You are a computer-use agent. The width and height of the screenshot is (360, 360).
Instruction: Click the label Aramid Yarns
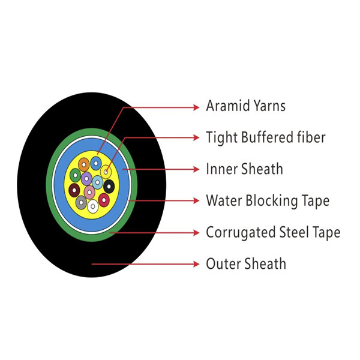(245, 106)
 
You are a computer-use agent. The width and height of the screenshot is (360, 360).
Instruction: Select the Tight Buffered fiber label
(266, 137)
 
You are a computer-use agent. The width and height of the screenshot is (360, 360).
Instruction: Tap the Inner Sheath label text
(244, 169)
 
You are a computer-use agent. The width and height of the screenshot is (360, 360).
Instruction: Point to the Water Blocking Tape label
(268, 200)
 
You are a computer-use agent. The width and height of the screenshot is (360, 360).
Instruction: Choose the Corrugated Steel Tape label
(273, 232)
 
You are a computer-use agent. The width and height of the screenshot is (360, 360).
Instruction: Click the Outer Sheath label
(246, 264)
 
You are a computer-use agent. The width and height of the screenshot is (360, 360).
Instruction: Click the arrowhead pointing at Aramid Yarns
(196, 107)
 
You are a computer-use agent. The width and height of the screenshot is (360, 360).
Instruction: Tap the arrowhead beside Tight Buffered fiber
(196, 137)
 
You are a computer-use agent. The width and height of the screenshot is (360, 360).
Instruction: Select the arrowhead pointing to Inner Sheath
(196, 169)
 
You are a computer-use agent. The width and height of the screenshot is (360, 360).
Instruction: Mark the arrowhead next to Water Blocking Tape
(196, 200)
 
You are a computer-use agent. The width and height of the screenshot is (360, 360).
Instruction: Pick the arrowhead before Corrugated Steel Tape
(196, 233)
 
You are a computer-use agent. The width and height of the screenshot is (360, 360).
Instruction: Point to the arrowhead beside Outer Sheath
(196, 264)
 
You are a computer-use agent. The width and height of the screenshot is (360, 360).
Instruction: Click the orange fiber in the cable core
(84, 164)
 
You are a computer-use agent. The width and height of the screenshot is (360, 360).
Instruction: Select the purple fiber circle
(86, 178)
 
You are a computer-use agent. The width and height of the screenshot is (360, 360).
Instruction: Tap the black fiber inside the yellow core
(109, 186)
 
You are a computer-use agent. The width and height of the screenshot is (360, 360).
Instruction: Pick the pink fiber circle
(89, 192)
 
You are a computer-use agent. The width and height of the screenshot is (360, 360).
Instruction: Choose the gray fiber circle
(81, 203)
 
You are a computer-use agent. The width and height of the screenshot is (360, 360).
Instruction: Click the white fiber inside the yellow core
(93, 206)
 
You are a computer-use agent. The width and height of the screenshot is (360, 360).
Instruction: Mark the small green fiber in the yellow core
(76, 175)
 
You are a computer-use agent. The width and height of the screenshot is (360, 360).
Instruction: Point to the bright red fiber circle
(104, 200)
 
